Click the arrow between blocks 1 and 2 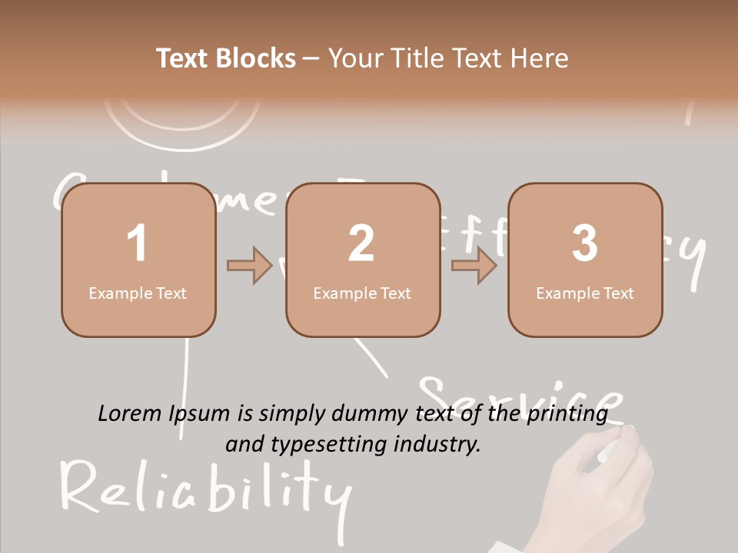coord(250,266)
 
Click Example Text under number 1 coord(138,293)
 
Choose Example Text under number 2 coord(362,293)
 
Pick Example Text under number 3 coord(585,293)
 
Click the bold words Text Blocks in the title coord(226,58)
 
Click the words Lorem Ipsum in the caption coord(164,414)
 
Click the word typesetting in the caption coord(327,443)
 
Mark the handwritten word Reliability coord(204,488)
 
